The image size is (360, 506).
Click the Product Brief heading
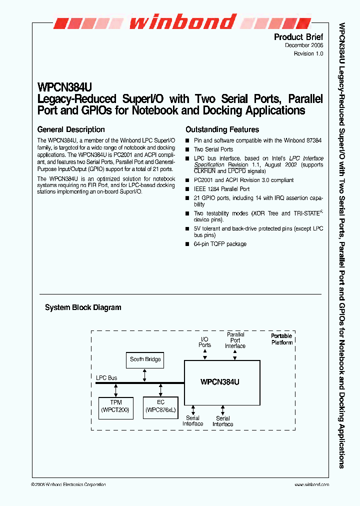298,37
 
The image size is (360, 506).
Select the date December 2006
304,45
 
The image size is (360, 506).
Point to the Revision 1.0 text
308,53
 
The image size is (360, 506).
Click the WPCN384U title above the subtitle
64,86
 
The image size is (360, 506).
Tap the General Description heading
71,129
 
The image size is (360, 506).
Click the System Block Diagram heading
83,307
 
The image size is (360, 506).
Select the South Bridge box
145,359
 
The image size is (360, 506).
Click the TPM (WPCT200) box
115,406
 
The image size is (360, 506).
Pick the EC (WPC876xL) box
160,406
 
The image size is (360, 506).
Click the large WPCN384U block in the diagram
222,382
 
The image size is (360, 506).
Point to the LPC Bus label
106,377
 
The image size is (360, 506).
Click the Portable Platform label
281,339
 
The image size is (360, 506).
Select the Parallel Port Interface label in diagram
235,340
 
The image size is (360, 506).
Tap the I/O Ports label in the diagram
204,342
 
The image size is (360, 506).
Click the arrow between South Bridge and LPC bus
145,375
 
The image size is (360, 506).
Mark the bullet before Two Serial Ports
187,149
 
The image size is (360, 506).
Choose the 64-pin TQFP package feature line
220,244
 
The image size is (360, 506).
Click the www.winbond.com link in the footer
311,485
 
